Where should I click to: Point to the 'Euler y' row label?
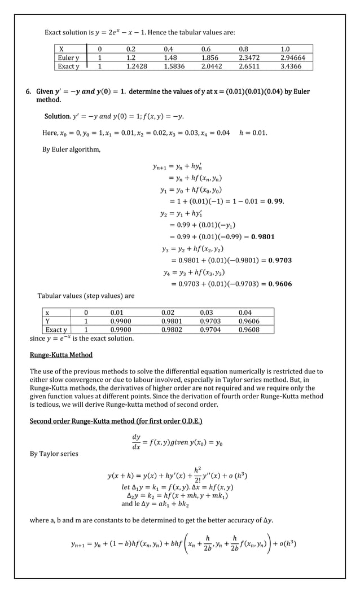tap(68, 58)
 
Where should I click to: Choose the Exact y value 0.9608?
tap(249, 330)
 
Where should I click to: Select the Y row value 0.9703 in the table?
tap(210, 321)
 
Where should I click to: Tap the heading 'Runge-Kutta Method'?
tap(61, 355)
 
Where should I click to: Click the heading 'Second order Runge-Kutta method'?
tap(116, 421)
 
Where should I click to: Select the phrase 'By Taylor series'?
tap(54, 454)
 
